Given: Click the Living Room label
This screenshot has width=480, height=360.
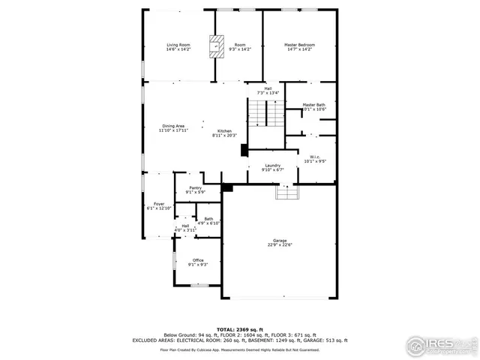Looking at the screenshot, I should point(178,45).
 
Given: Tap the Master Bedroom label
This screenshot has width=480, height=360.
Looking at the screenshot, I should point(299,45).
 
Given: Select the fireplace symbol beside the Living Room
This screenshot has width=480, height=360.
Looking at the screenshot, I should point(217,46).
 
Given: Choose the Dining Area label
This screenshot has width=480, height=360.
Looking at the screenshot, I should point(173,125).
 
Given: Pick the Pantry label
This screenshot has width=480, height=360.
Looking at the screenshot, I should point(195,188).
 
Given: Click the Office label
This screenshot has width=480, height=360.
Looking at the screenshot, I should point(198,260).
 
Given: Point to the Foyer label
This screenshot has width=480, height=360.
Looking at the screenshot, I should point(159,203).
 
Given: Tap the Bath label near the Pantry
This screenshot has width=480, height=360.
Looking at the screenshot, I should point(208,219).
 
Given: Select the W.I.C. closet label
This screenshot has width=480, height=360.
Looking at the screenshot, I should point(315,156).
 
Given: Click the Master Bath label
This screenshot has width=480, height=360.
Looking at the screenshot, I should point(314,105).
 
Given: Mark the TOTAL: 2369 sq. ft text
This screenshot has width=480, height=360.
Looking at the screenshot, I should point(240,328).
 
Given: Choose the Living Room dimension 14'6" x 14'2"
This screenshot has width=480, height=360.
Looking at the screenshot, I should point(178,49).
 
